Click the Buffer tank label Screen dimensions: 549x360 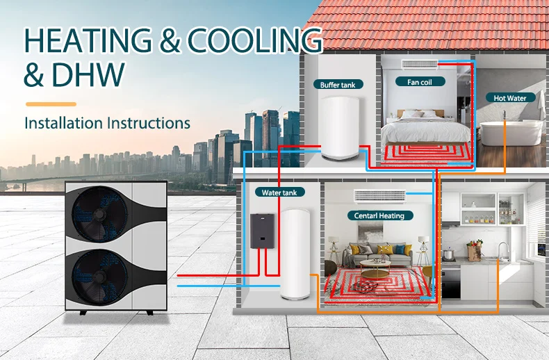coord(338,85)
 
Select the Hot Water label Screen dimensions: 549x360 coord(510,98)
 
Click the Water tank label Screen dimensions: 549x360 coord(279,192)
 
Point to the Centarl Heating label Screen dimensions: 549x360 coord(379,215)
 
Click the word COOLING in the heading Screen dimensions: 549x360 coord(253,42)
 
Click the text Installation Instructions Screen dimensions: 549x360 coord(107,123)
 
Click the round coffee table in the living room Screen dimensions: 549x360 coord(379,264)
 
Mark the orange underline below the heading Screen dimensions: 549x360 coord(50,104)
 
